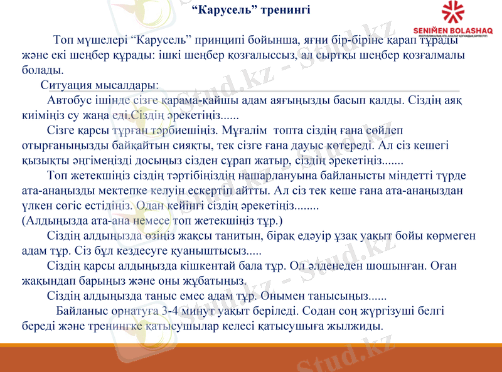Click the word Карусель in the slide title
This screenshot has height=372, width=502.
(x=217, y=10)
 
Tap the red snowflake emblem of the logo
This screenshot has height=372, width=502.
(x=457, y=14)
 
